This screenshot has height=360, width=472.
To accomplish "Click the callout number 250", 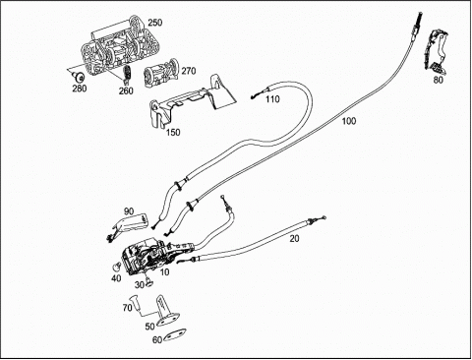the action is (155, 23).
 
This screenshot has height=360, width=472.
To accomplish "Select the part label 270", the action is (189, 71).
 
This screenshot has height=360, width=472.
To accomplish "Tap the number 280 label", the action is (79, 89).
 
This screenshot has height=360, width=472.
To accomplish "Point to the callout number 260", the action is (126, 90).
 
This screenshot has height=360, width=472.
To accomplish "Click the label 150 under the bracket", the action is (173, 132).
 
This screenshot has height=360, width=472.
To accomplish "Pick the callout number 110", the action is (272, 99).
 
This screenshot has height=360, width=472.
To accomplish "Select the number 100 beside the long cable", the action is (349, 121).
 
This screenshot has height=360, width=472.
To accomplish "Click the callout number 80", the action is (438, 80).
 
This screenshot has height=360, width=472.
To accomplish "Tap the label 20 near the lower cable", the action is (294, 239).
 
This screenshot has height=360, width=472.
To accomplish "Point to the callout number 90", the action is (129, 210).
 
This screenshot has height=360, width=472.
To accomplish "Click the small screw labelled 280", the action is (79, 78).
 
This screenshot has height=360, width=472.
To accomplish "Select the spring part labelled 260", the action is (128, 73).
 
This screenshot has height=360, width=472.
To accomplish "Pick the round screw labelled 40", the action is (115, 268).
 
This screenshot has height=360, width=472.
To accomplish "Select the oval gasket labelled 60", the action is (174, 335).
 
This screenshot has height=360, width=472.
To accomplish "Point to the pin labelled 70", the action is (136, 303).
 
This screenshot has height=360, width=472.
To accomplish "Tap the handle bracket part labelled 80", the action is (435, 50).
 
